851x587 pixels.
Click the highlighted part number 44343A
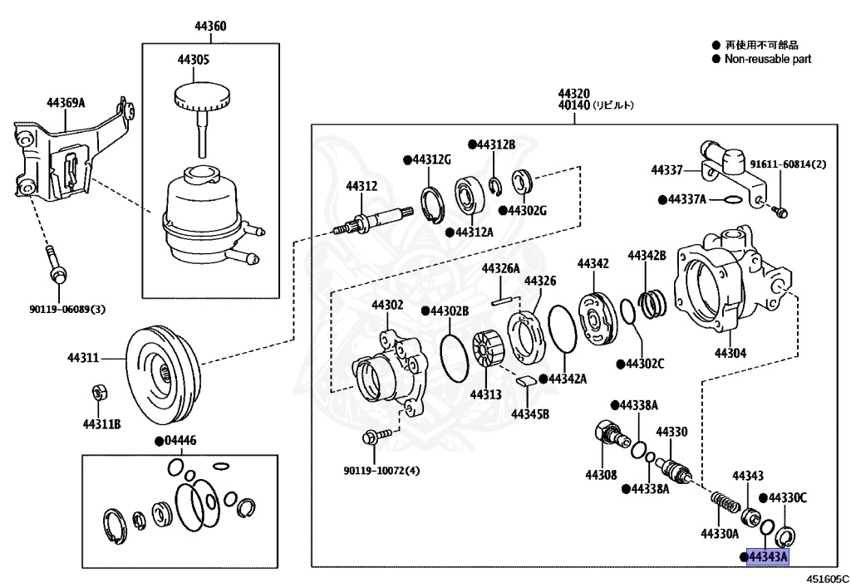point(767,556)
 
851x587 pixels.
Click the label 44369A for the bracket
point(66,103)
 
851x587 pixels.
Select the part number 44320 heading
point(573,93)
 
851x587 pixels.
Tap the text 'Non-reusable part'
point(767,59)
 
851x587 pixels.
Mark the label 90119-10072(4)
point(381,471)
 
